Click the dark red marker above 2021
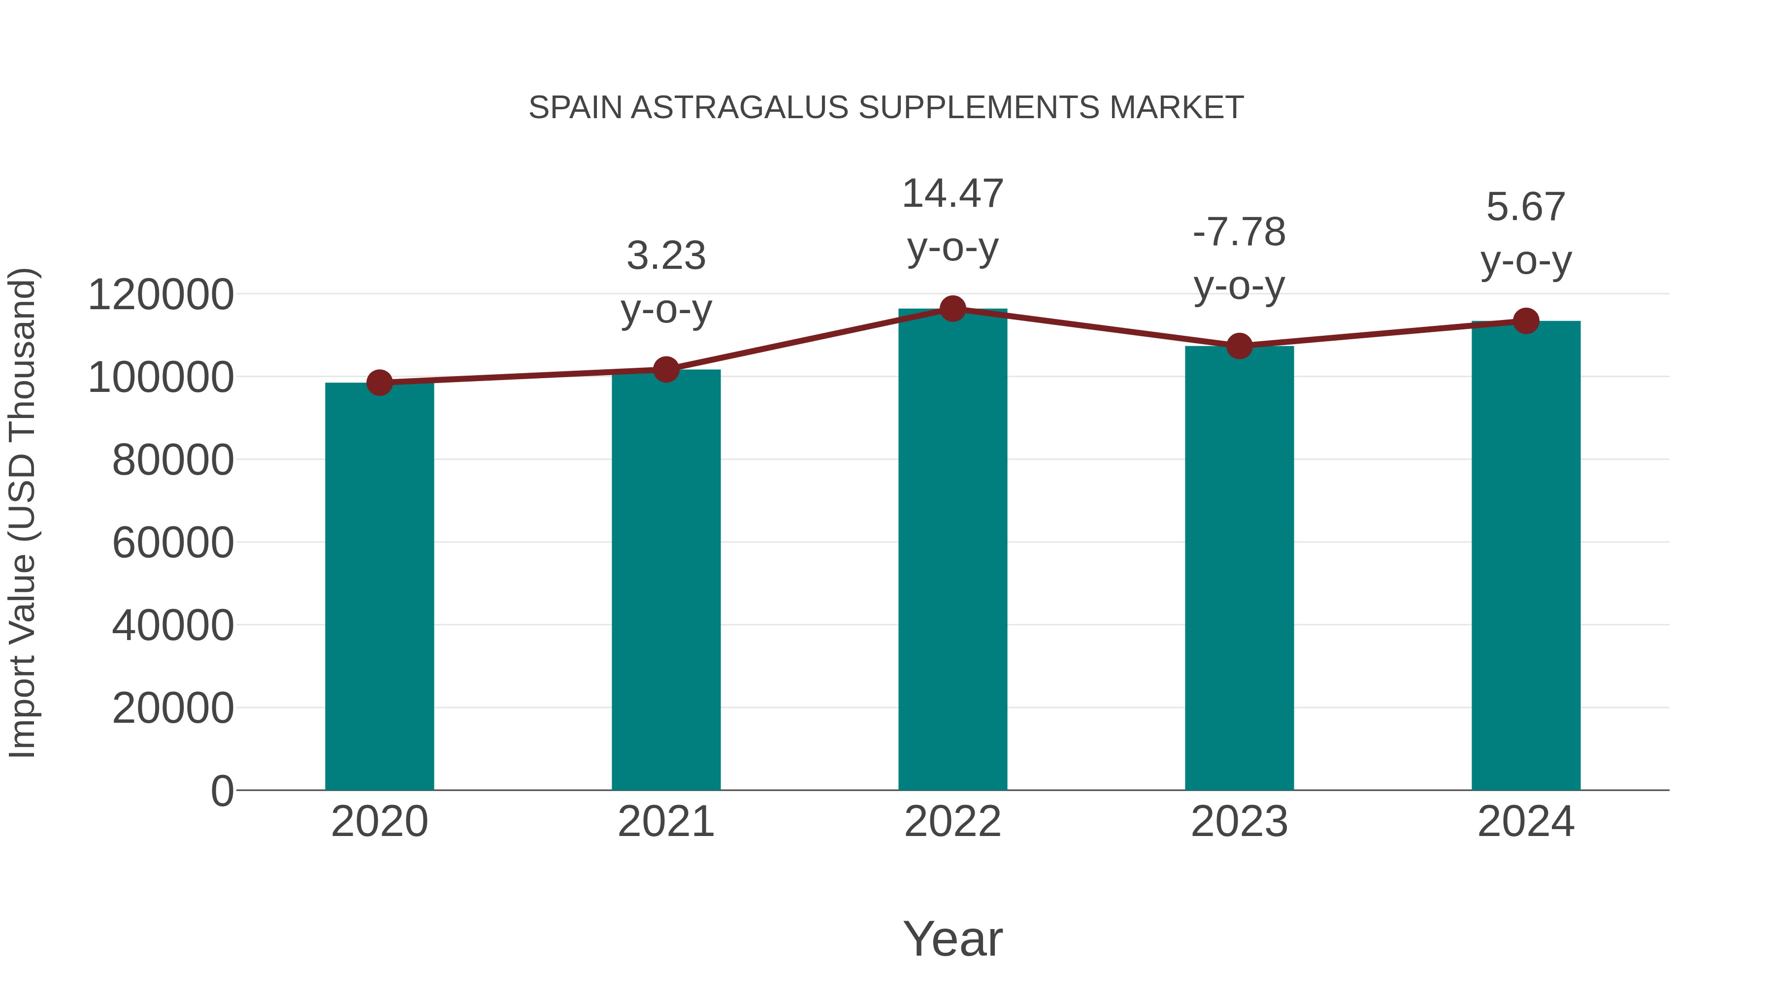click(x=665, y=369)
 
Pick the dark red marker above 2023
click(x=1239, y=346)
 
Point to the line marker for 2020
click(x=379, y=383)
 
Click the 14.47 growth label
click(x=952, y=193)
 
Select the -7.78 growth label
click(x=1239, y=232)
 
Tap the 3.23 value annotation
click(x=665, y=256)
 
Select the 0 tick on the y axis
click(x=222, y=791)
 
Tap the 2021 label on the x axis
click(x=665, y=822)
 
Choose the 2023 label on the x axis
click(x=1239, y=822)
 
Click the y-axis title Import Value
click(x=22, y=513)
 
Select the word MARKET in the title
click(x=1176, y=108)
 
